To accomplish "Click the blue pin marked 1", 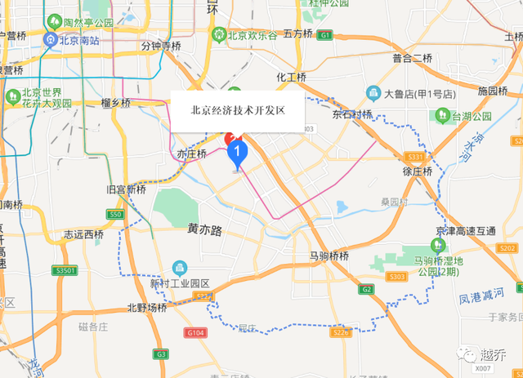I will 238,151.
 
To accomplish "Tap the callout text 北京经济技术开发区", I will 237,109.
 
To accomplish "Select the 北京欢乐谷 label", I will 247,35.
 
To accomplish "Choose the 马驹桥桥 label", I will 329,256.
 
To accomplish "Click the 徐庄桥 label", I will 416,172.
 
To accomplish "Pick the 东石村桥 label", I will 351,114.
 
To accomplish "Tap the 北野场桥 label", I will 147,308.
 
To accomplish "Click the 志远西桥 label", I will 83,234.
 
